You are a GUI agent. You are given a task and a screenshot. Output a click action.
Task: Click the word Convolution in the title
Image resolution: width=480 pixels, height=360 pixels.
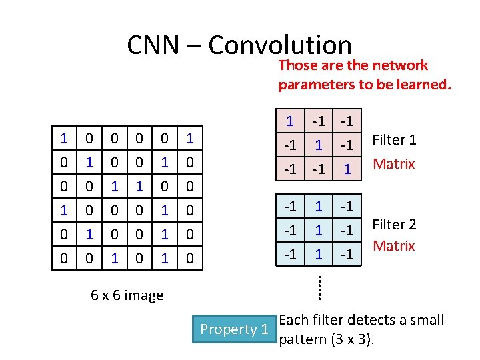[x=280, y=45]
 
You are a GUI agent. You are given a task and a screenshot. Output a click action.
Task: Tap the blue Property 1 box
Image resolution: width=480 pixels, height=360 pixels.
[x=235, y=329]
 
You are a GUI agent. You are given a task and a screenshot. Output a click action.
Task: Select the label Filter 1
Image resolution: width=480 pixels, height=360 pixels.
[x=394, y=140]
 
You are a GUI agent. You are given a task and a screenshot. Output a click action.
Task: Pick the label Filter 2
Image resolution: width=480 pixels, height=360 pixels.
[x=394, y=225]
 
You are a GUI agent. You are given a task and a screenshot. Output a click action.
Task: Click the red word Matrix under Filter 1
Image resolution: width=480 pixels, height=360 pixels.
[x=394, y=163]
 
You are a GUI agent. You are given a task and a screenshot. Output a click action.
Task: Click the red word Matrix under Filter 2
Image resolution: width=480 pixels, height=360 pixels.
[x=394, y=246]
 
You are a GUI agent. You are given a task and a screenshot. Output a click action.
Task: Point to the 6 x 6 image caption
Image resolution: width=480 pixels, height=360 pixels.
[x=127, y=295]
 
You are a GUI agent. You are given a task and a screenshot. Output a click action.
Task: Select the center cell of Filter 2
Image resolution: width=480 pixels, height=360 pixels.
[x=319, y=230]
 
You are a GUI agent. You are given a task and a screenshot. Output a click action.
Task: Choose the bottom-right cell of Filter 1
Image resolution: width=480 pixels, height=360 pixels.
[x=347, y=169]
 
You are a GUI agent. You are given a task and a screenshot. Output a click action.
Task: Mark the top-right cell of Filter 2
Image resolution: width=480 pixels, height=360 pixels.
[x=347, y=206]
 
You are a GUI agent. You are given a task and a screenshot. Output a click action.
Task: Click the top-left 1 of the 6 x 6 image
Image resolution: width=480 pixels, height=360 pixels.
[x=64, y=139]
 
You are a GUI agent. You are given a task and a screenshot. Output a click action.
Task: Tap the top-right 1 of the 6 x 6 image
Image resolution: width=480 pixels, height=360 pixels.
[x=190, y=139]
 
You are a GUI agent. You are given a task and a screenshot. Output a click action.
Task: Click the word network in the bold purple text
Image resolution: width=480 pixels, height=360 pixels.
[x=400, y=65]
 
